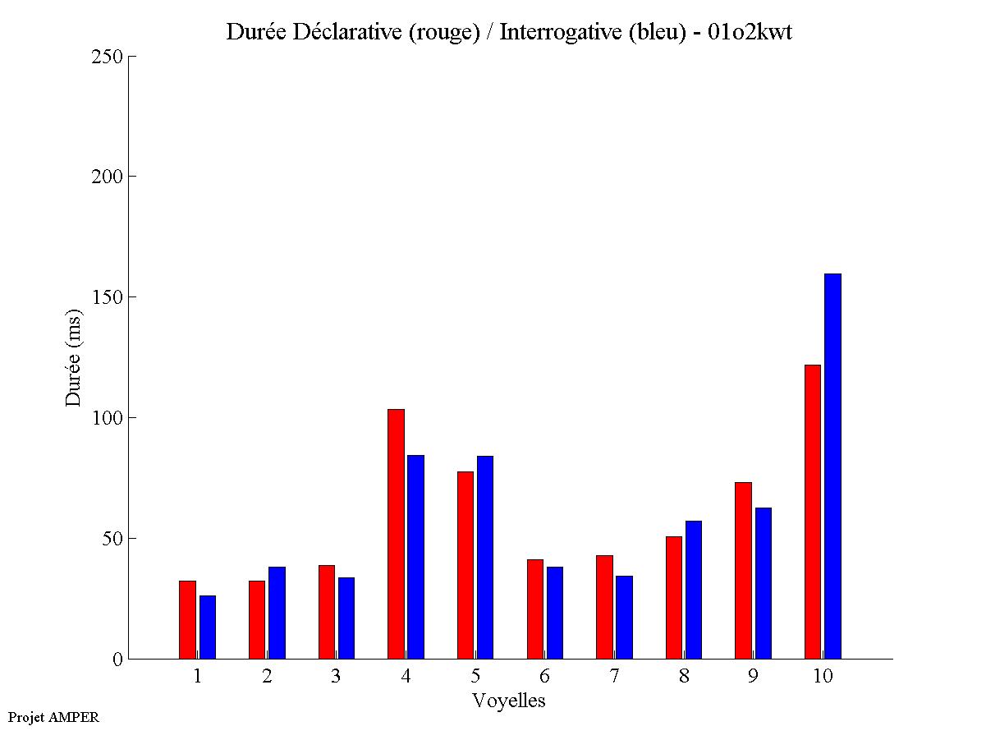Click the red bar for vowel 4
pos(396,534)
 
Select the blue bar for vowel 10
pos(832,466)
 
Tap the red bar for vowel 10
pos(813,512)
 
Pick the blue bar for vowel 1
pos(207,627)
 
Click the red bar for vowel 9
pos(743,570)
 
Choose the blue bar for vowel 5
pos(485,557)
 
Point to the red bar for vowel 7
pos(604,607)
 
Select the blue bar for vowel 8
pos(694,590)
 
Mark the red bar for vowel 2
pos(257,619)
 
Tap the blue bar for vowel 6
pos(555,613)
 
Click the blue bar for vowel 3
pos(346,618)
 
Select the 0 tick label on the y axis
pos(116,660)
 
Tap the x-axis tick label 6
pos(544,677)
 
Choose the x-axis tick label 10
pos(823,677)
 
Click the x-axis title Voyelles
pos(509,701)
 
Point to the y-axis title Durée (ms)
pos(74,357)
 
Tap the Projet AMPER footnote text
pos(53,717)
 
